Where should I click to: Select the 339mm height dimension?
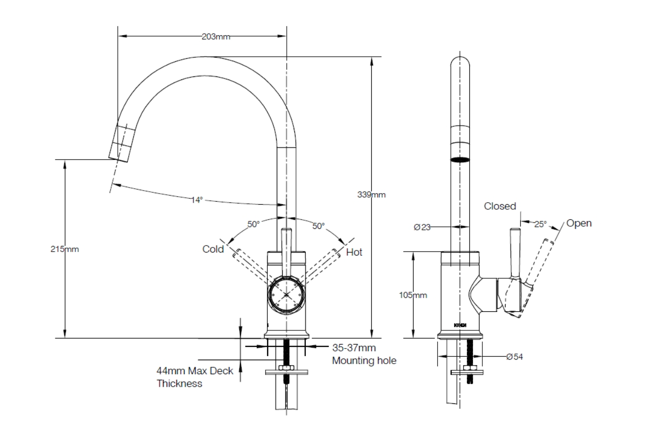click(x=371, y=195)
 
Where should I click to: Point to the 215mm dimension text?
click(x=65, y=249)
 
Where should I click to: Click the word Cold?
click(x=213, y=249)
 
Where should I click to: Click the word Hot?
click(x=354, y=252)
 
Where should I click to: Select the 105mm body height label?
click(x=413, y=295)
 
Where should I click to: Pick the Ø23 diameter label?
click(x=422, y=227)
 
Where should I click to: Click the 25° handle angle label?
click(x=540, y=224)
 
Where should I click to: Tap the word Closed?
click(x=500, y=206)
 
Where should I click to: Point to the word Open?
click(x=579, y=223)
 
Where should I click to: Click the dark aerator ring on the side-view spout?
click(x=460, y=160)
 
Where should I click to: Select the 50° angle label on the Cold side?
click(x=253, y=224)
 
